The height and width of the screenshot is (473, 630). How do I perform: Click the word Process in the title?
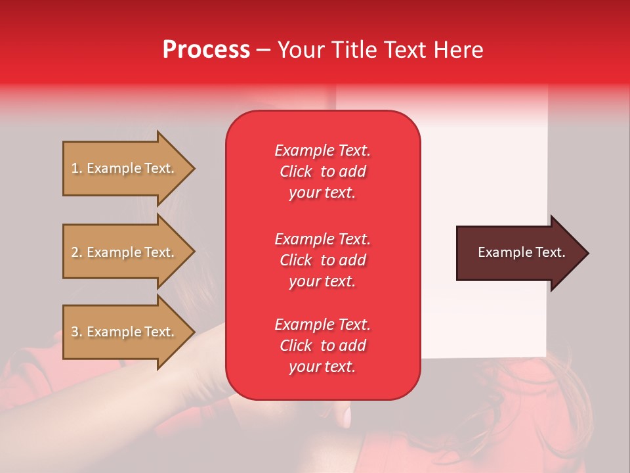coord(206,50)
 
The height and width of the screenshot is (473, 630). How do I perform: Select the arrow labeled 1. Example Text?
coord(125,168)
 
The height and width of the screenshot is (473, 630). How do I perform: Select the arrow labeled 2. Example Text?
coord(125,252)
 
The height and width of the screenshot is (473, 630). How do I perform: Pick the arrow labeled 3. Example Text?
coord(125,332)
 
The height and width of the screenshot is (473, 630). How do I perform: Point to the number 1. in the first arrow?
coord(77,168)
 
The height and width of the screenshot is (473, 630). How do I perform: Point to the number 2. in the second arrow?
coord(77,252)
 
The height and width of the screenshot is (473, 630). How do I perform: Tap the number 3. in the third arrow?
coord(77,332)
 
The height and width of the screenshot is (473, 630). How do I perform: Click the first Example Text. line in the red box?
coord(322,150)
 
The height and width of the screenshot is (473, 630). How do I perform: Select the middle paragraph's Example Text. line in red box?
coord(322,238)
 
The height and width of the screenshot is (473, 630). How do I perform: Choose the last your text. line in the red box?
coord(322,367)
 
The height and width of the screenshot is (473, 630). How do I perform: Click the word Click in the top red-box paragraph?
coord(296,171)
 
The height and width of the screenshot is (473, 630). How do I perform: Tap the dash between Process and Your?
coord(263,51)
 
